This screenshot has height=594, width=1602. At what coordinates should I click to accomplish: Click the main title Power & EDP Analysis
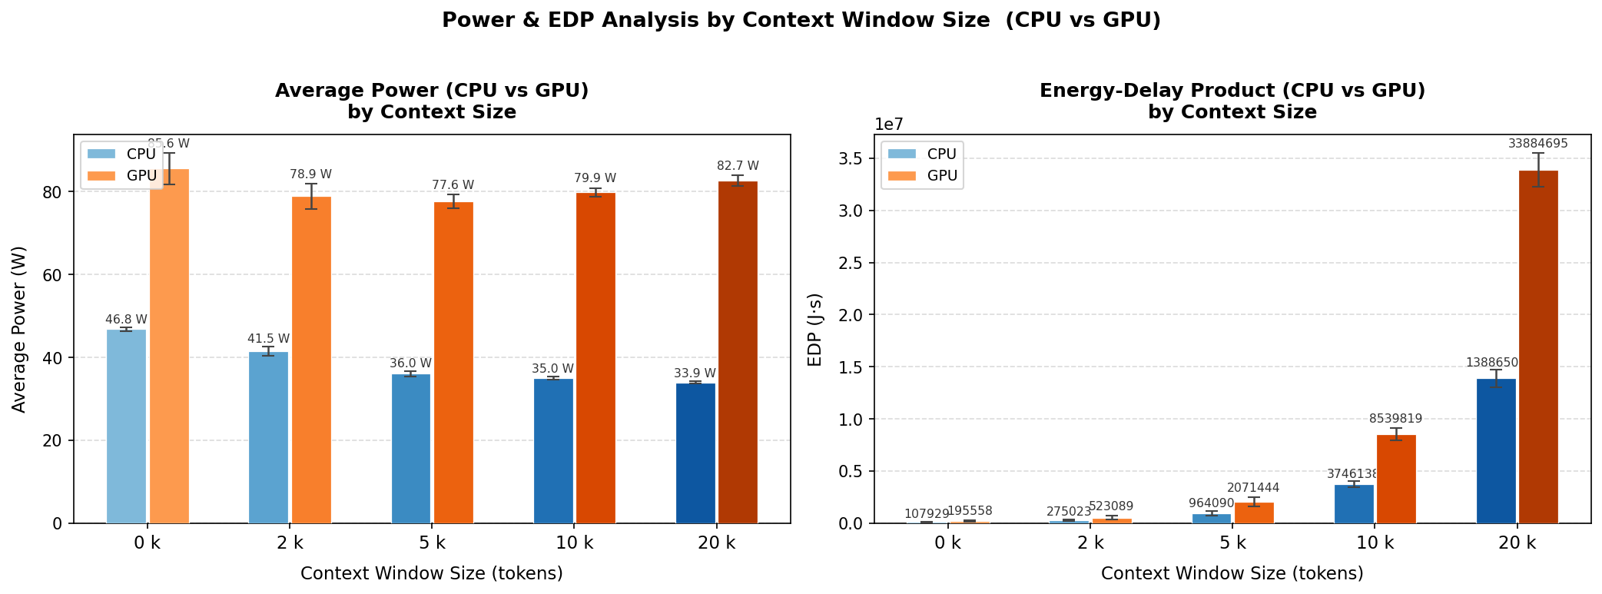801,21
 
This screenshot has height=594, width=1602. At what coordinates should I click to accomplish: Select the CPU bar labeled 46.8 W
126,426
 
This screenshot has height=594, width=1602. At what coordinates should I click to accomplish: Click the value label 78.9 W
310,174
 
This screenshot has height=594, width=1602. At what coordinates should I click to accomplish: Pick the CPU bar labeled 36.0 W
411,449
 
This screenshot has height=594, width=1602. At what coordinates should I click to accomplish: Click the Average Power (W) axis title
19,329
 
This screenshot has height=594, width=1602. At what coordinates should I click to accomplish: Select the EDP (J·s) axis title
815,329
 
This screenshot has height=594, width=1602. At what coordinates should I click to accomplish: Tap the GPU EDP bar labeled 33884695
1538,347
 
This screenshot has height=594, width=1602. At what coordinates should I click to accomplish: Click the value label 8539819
1395,419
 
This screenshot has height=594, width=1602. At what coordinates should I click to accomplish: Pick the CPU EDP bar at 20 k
1496,451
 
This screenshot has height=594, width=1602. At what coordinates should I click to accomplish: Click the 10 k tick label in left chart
575,543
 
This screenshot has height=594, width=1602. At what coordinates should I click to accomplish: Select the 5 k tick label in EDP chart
1232,543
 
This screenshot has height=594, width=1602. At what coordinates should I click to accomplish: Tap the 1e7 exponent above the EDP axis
889,124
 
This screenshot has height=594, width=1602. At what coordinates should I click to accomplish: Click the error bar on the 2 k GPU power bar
311,196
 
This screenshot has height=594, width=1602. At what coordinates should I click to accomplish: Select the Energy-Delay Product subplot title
1232,101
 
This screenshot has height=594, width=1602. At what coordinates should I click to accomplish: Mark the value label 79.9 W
595,178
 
